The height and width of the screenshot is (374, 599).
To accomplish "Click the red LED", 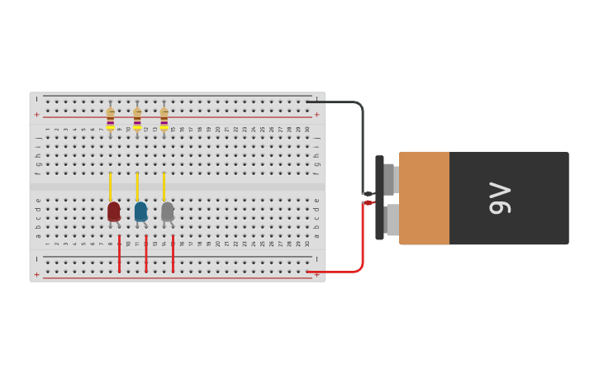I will click(113, 211).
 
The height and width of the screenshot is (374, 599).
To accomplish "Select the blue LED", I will click(140, 211).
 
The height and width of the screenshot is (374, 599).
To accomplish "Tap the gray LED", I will click(168, 211).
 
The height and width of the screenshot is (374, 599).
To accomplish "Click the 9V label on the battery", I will click(500, 198).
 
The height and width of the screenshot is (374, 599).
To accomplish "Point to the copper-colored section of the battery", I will click(425, 198).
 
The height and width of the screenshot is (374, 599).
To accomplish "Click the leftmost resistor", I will click(110, 118).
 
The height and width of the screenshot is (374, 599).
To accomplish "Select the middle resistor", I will click(137, 118).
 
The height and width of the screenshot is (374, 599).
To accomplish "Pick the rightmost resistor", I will click(164, 118).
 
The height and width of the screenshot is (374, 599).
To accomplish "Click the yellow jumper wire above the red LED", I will click(110, 186).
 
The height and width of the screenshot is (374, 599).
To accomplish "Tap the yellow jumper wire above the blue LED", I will click(137, 186).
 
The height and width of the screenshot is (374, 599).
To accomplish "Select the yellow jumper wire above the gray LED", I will click(164, 186).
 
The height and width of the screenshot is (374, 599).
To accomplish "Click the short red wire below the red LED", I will click(119, 253).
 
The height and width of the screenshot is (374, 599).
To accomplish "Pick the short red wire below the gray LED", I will click(173, 253).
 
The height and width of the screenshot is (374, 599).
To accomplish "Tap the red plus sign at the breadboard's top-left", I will click(36, 114).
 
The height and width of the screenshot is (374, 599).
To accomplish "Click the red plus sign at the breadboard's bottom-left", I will click(36, 274).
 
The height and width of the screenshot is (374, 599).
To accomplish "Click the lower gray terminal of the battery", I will click(392, 220).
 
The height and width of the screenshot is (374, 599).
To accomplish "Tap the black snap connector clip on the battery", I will click(379, 198).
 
